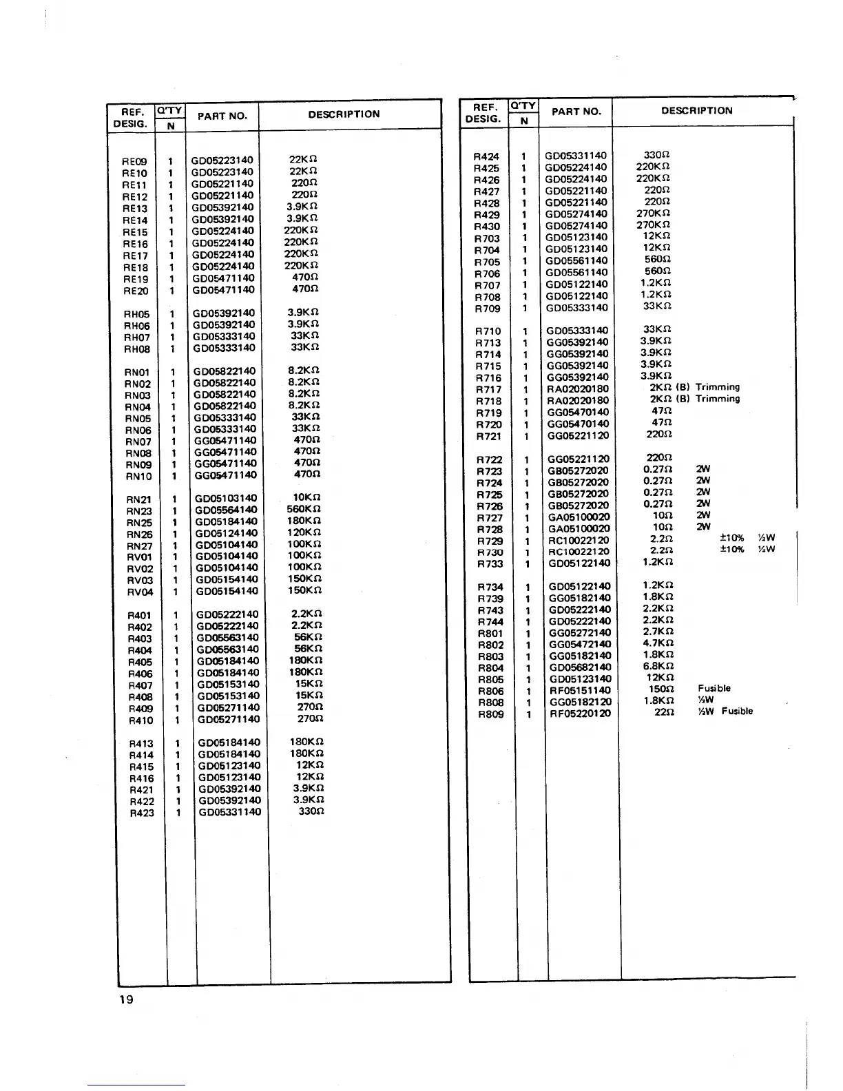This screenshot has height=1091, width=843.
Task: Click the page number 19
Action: pos(126,1000)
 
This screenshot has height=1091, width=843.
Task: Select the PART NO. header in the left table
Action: pos(222,116)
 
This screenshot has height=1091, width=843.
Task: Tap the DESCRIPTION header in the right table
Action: pos(696,111)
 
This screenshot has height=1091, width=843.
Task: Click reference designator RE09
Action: pos(134,162)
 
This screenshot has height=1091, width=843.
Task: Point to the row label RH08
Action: pos(136,349)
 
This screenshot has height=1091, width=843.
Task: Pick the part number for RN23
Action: pos(226,510)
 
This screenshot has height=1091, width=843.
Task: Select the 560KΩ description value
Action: pos(304,510)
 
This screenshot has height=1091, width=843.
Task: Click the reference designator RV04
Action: pos(140,592)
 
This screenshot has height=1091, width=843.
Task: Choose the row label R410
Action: pos(140,720)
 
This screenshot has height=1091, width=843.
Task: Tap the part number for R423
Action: pos(229,812)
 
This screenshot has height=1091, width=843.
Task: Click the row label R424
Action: pos(486,157)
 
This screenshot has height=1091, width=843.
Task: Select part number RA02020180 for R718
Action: pos(578,401)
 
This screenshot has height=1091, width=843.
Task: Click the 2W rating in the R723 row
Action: pos(702,470)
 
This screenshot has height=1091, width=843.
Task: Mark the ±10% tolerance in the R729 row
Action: pos(731,539)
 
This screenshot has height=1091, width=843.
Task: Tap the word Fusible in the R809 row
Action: pos(737,711)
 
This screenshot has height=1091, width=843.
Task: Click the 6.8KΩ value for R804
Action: pos(658,667)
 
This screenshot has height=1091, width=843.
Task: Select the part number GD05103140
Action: pos(226,499)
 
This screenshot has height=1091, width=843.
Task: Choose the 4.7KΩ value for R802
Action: pos(658,644)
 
